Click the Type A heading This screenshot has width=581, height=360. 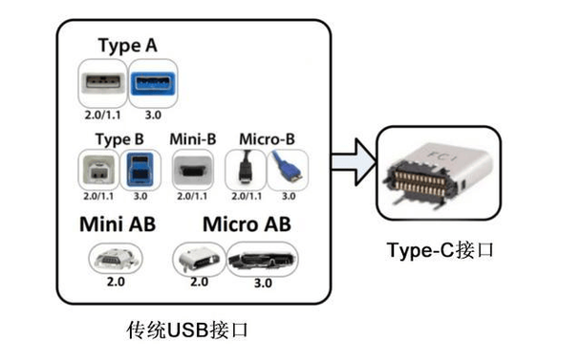coord(129,45)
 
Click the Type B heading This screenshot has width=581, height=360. coord(119,138)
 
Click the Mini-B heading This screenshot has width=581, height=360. coord(191,138)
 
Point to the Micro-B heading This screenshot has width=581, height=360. coord(268,138)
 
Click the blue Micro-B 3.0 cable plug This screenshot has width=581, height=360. coord(286,171)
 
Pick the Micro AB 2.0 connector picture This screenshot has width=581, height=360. coord(199,259)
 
